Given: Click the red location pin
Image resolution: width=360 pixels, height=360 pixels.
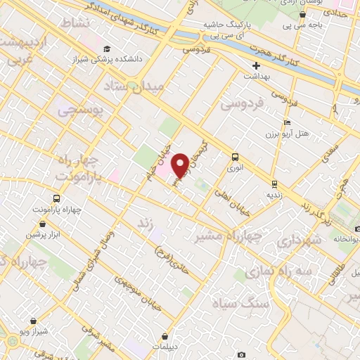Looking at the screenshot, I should tap(180, 164).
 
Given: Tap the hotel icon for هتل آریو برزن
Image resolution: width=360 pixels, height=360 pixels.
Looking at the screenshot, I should tap(287, 123).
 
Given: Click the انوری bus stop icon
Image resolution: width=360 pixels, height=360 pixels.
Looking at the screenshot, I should tap(235, 157).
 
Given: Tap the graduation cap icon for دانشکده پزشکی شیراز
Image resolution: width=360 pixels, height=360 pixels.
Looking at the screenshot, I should tap(107, 49).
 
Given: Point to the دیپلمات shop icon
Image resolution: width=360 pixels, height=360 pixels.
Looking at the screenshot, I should tap(165, 336).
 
